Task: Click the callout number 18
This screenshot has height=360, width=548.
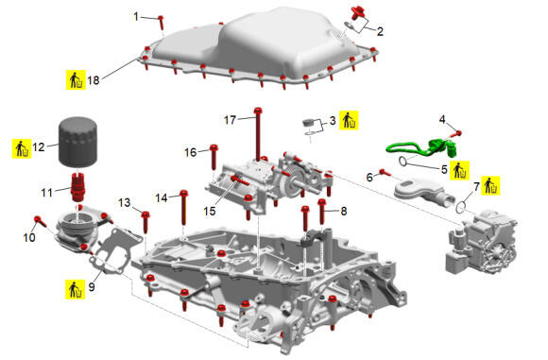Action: pyautogui.click(x=94, y=80)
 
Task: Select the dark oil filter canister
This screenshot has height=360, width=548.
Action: pyautogui.click(x=77, y=142)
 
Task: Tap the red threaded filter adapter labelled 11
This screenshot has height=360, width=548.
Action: pyautogui.click(x=77, y=187)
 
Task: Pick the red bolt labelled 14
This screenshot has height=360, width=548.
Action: pyautogui.click(x=184, y=208)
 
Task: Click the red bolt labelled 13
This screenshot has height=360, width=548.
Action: pyautogui.click(x=146, y=222)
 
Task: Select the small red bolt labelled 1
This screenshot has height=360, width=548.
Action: pyautogui.click(x=162, y=23)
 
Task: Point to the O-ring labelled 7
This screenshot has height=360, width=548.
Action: pyautogui.click(x=461, y=208)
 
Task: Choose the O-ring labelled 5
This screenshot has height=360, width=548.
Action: pyautogui.click(x=402, y=162)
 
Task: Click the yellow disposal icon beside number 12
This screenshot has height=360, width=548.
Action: pyautogui.click(x=22, y=148)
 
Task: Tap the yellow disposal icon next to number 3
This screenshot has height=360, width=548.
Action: pyautogui.click(x=349, y=120)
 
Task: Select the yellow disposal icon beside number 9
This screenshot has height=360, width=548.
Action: pyautogui.click(x=76, y=289)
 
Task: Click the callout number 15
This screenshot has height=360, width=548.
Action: pyautogui.click(x=210, y=211)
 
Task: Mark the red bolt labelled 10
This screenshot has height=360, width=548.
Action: pyautogui.click(x=41, y=222)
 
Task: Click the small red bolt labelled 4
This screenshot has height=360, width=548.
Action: pyautogui.click(x=456, y=134)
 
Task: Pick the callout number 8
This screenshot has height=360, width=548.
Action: pyautogui.click(x=344, y=211)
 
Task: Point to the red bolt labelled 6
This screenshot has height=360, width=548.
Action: pyautogui.click(x=385, y=172)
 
